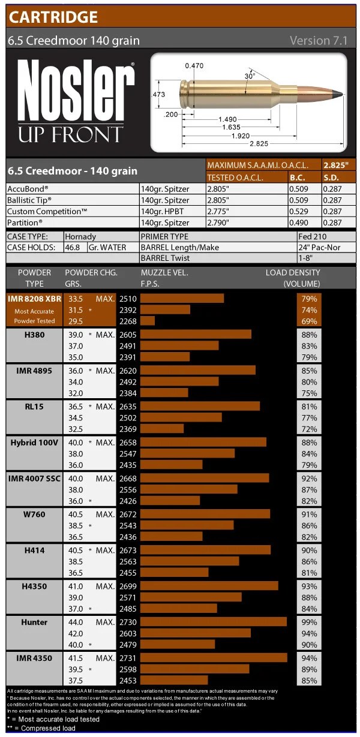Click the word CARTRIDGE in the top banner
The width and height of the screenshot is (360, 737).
(x=53, y=16)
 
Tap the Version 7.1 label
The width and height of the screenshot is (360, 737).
(x=318, y=41)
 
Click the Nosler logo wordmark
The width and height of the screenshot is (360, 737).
(x=75, y=90)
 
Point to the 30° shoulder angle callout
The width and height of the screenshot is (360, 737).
(x=250, y=76)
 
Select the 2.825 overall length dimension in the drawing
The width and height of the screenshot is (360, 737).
(x=259, y=144)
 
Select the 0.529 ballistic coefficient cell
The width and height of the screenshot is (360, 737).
(x=298, y=211)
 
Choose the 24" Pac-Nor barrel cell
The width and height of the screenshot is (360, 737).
(x=322, y=248)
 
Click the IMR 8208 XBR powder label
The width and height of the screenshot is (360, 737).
(x=35, y=299)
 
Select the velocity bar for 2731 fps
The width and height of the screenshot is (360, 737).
(x=214, y=658)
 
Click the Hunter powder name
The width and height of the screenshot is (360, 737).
(x=34, y=622)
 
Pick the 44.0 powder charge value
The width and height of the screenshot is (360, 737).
(x=75, y=622)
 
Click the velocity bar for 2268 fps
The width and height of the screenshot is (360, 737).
(x=147, y=321)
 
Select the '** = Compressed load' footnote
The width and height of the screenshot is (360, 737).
(x=41, y=728)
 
